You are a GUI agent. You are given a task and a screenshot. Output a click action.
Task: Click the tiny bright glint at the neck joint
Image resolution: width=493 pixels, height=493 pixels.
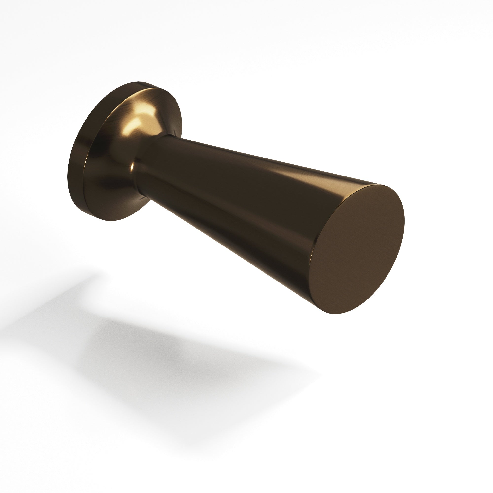tap(132, 167)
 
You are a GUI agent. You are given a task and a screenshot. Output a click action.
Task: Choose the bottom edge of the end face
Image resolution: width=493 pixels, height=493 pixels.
tap(334, 313)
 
